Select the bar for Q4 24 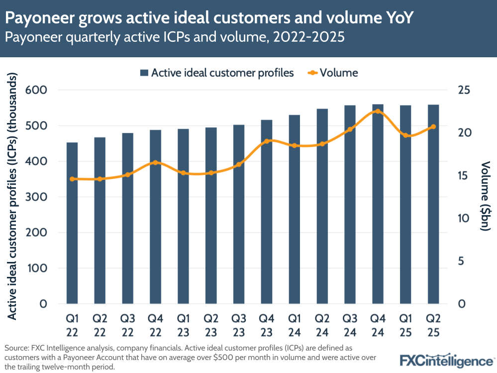pos(378,204)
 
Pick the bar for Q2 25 pos(433,204)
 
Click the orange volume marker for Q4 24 pos(378,112)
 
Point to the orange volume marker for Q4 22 pos(155,163)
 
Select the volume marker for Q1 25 pos(405,135)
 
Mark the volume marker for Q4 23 pos(267,141)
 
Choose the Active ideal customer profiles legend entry pos(217,73)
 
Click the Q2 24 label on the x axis pos(322,324)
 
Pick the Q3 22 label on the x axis pos(128,324)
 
